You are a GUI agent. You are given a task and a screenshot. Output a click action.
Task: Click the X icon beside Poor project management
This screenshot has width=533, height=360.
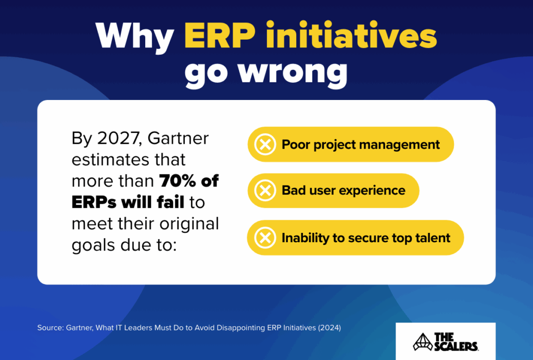click(265, 144)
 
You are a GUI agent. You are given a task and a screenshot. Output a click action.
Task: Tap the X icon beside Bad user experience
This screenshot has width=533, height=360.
click(265, 191)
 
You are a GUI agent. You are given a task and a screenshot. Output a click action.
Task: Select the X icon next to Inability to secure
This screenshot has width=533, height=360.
click(265, 238)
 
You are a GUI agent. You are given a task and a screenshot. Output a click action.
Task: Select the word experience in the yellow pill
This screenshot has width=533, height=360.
click(372, 191)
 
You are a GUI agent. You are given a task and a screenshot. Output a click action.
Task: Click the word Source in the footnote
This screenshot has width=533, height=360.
click(50, 328)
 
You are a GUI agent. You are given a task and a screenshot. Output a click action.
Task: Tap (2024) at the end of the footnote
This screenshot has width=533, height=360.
click(329, 328)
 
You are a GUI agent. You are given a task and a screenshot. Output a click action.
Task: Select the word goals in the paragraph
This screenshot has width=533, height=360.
click(93, 245)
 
